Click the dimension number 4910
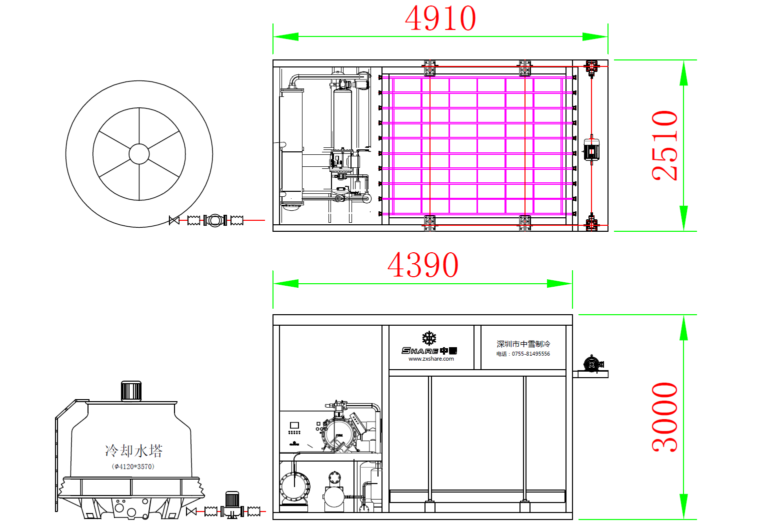(x=440, y=19)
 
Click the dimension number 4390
(x=423, y=265)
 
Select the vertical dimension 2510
(x=665, y=145)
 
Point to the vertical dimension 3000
(x=665, y=418)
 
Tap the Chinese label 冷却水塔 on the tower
(x=133, y=451)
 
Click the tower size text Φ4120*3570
(x=133, y=467)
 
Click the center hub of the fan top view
(x=139, y=154)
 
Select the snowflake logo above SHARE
(x=429, y=338)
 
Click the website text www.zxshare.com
(x=431, y=359)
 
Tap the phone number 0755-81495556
(x=530, y=354)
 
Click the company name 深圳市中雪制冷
(x=523, y=344)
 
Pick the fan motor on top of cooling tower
(x=131, y=391)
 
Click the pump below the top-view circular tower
(x=214, y=220)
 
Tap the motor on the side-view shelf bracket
(x=592, y=364)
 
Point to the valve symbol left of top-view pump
(x=174, y=220)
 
